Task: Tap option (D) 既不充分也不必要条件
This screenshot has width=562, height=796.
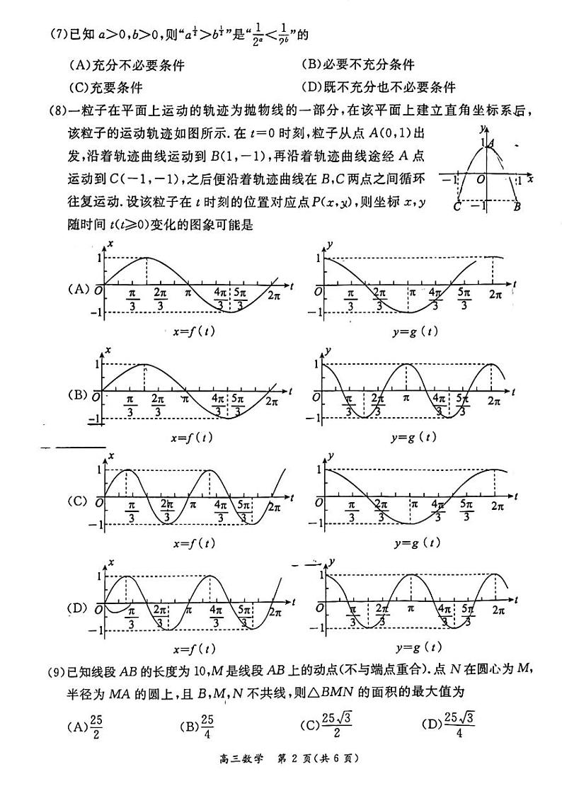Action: point(378,88)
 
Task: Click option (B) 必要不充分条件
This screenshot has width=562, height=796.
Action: point(357,64)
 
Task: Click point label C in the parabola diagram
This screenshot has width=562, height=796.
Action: point(457,206)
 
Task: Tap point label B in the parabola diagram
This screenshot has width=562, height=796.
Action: point(517,207)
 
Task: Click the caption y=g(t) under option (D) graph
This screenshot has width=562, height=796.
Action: point(418,647)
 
